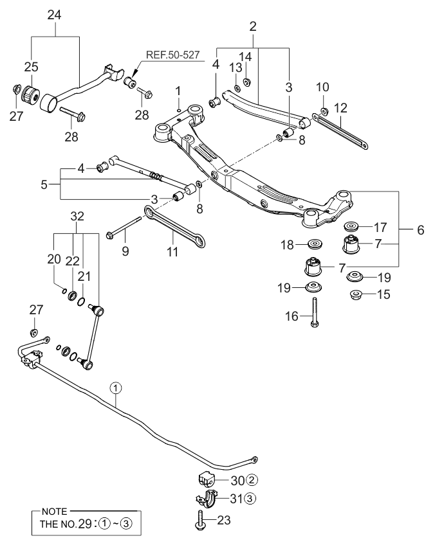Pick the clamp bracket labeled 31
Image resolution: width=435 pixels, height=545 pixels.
(x=205, y=499)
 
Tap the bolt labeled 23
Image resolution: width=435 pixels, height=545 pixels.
(x=199, y=519)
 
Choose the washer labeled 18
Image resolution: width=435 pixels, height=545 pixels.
(x=315, y=244)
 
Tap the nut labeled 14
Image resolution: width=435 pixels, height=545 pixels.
(x=246, y=82)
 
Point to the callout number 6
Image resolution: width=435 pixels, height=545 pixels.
(x=421, y=229)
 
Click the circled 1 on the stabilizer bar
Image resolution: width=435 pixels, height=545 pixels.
(x=115, y=388)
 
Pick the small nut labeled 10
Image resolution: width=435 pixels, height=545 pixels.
(x=324, y=104)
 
